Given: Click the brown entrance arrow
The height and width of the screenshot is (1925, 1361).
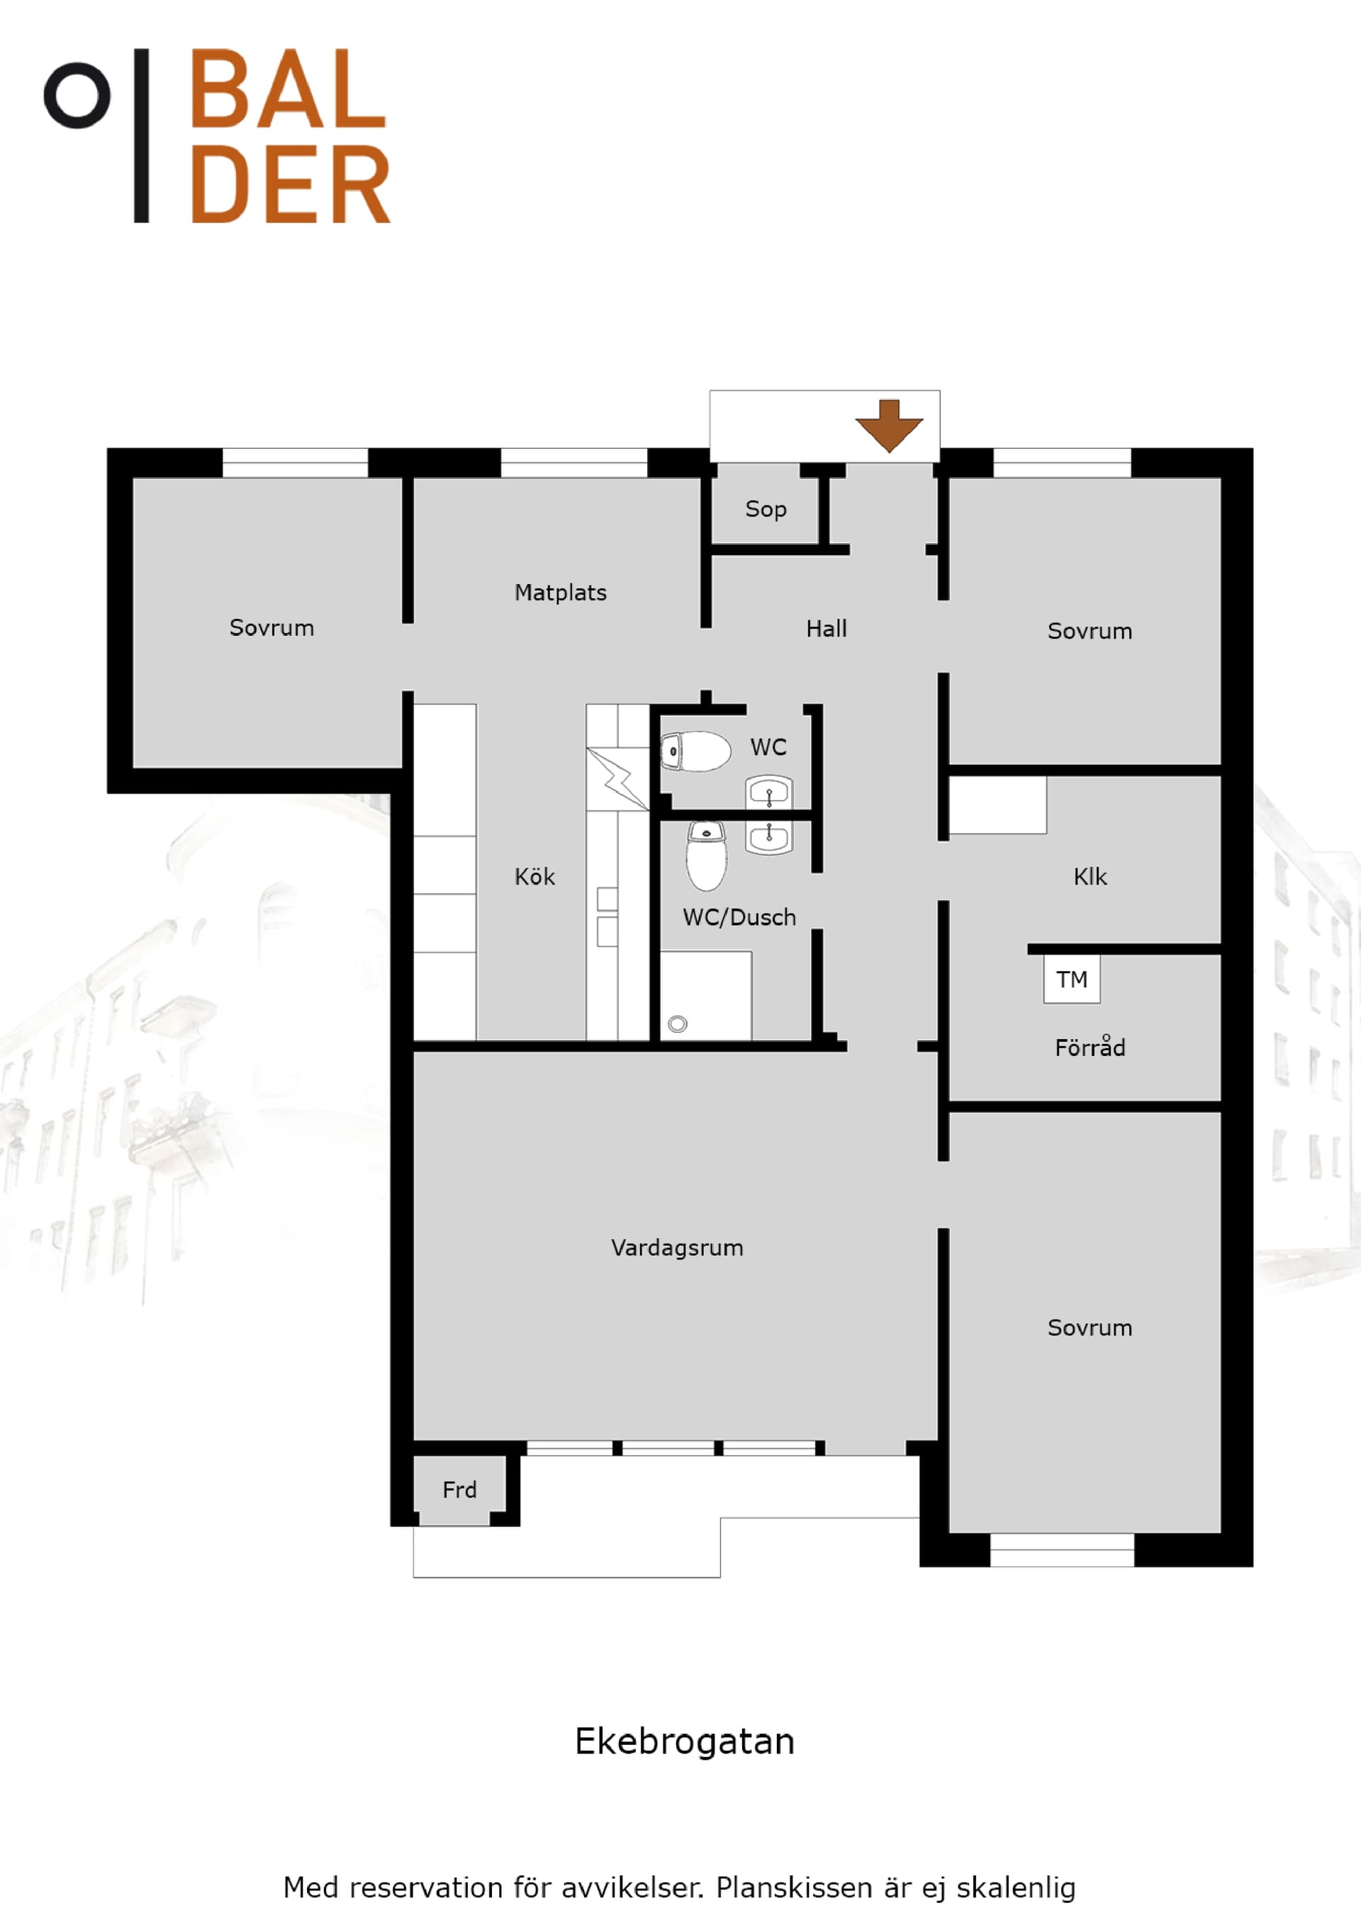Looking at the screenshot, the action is pos(889,426).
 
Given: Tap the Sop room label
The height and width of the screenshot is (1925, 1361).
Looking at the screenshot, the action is pos(766,510).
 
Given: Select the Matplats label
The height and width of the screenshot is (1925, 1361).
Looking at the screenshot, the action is pos(560,593).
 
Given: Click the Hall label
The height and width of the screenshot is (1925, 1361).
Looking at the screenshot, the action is pos(826,629).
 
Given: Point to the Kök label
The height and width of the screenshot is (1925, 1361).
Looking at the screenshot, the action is pos(534,877).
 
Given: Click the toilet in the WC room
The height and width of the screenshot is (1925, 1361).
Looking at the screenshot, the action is pos(695,751).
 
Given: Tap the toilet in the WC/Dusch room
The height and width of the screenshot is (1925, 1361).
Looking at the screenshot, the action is pos(706,855).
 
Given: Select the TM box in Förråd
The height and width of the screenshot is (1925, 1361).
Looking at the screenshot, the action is pos(1072,980).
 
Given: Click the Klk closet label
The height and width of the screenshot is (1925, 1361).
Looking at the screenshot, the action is pos(1090,877).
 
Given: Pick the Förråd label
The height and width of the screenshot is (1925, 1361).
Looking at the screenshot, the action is pos(1090,1047).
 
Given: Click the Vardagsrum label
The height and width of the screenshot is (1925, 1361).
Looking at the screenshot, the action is pos(677,1248).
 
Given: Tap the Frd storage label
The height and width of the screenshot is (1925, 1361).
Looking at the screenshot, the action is pos(459,1490).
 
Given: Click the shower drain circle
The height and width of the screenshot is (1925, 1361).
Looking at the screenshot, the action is pos(678,1023).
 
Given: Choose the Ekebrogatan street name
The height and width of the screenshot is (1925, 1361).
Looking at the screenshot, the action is pos(684,1742).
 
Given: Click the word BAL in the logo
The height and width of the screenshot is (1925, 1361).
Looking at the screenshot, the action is pos(289,88).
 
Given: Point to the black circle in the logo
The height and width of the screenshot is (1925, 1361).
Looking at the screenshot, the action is pos(77,95).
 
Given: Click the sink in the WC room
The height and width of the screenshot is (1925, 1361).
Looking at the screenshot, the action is pos(769,792).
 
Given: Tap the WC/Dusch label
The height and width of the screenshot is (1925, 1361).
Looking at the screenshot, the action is pos(739,917).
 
